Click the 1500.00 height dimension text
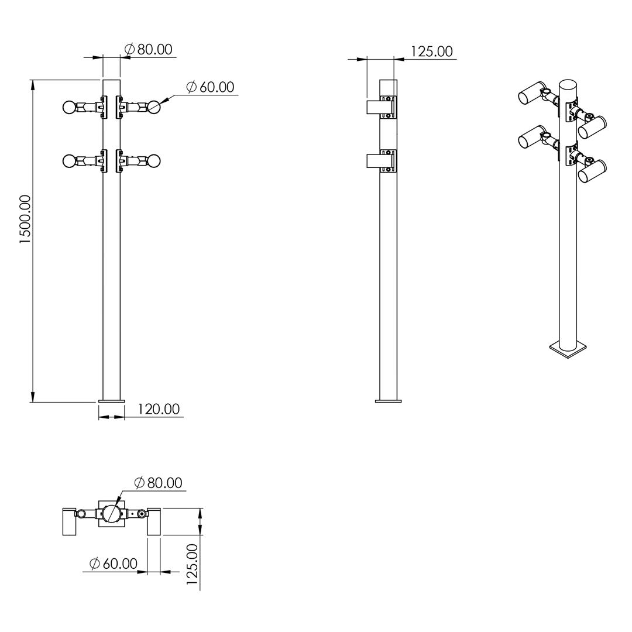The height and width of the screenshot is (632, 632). point(25,219)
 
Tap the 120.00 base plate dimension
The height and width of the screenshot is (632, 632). point(159,409)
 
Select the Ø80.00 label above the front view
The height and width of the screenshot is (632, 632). point(148,49)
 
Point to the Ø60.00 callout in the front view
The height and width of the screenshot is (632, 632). point(210,87)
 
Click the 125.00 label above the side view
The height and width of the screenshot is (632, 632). point(432,51)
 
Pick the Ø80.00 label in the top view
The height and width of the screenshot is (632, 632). point(159,482)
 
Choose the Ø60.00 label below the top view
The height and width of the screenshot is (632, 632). point(114,564)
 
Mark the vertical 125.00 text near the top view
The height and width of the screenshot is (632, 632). point(193,564)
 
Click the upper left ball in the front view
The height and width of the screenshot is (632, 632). point(69,107)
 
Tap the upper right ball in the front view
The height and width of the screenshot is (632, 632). point(154,107)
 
